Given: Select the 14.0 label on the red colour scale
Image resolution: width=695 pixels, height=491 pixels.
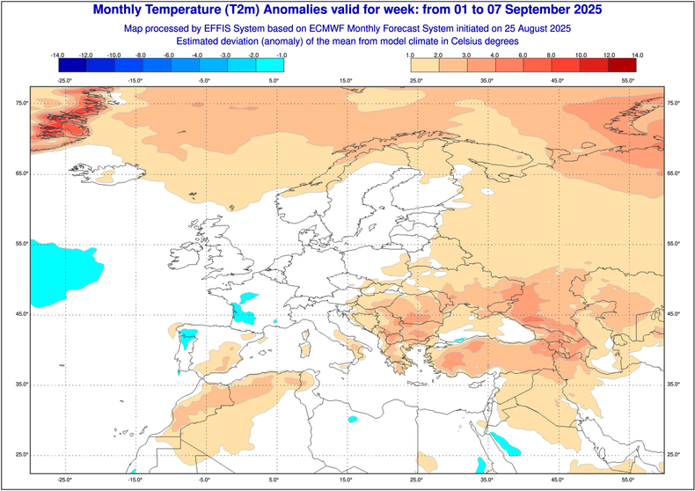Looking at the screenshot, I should pyautogui.click(x=635, y=55).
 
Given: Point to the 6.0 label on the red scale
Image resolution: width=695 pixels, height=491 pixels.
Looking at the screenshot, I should pyautogui.click(x=523, y=55).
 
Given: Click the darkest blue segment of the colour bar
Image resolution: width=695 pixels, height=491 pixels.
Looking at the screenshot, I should pyautogui.click(x=72, y=65).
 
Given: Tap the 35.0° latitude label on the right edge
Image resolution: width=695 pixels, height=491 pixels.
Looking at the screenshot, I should pyautogui.click(x=676, y=385).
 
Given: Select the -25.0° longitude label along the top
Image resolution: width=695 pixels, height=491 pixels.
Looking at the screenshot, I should pyautogui.click(x=64, y=81).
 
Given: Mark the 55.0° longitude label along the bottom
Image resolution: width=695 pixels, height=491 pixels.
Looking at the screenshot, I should pyautogui.click(x=628, y=480).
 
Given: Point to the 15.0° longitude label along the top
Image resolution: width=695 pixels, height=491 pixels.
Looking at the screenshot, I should pyautogui.click(x=346, y=81).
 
